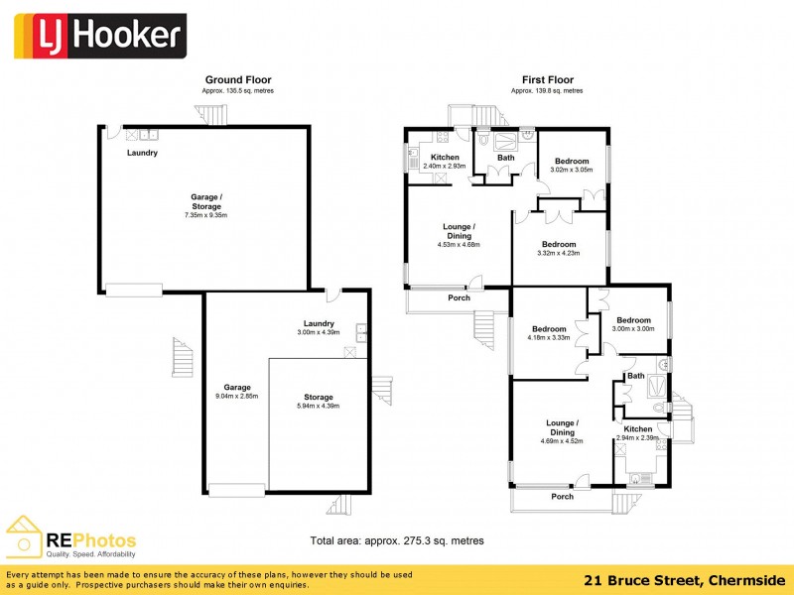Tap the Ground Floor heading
tap(237, 79)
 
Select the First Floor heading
tap(547, 79)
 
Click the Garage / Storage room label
tap(206, 201)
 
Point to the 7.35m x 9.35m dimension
tap(206, 215)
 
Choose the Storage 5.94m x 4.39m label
tap(319, 402)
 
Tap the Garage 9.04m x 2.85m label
tap(236, 393)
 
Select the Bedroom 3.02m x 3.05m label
tap(571, 165)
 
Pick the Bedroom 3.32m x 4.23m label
tap(558, 249)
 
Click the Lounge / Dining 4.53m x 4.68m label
tap(458, 235)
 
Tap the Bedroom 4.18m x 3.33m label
tap(548, 333)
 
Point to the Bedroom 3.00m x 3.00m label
tap(633, 324)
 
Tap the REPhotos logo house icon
tap(26, 536)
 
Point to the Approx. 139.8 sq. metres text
tap(547, 90)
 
